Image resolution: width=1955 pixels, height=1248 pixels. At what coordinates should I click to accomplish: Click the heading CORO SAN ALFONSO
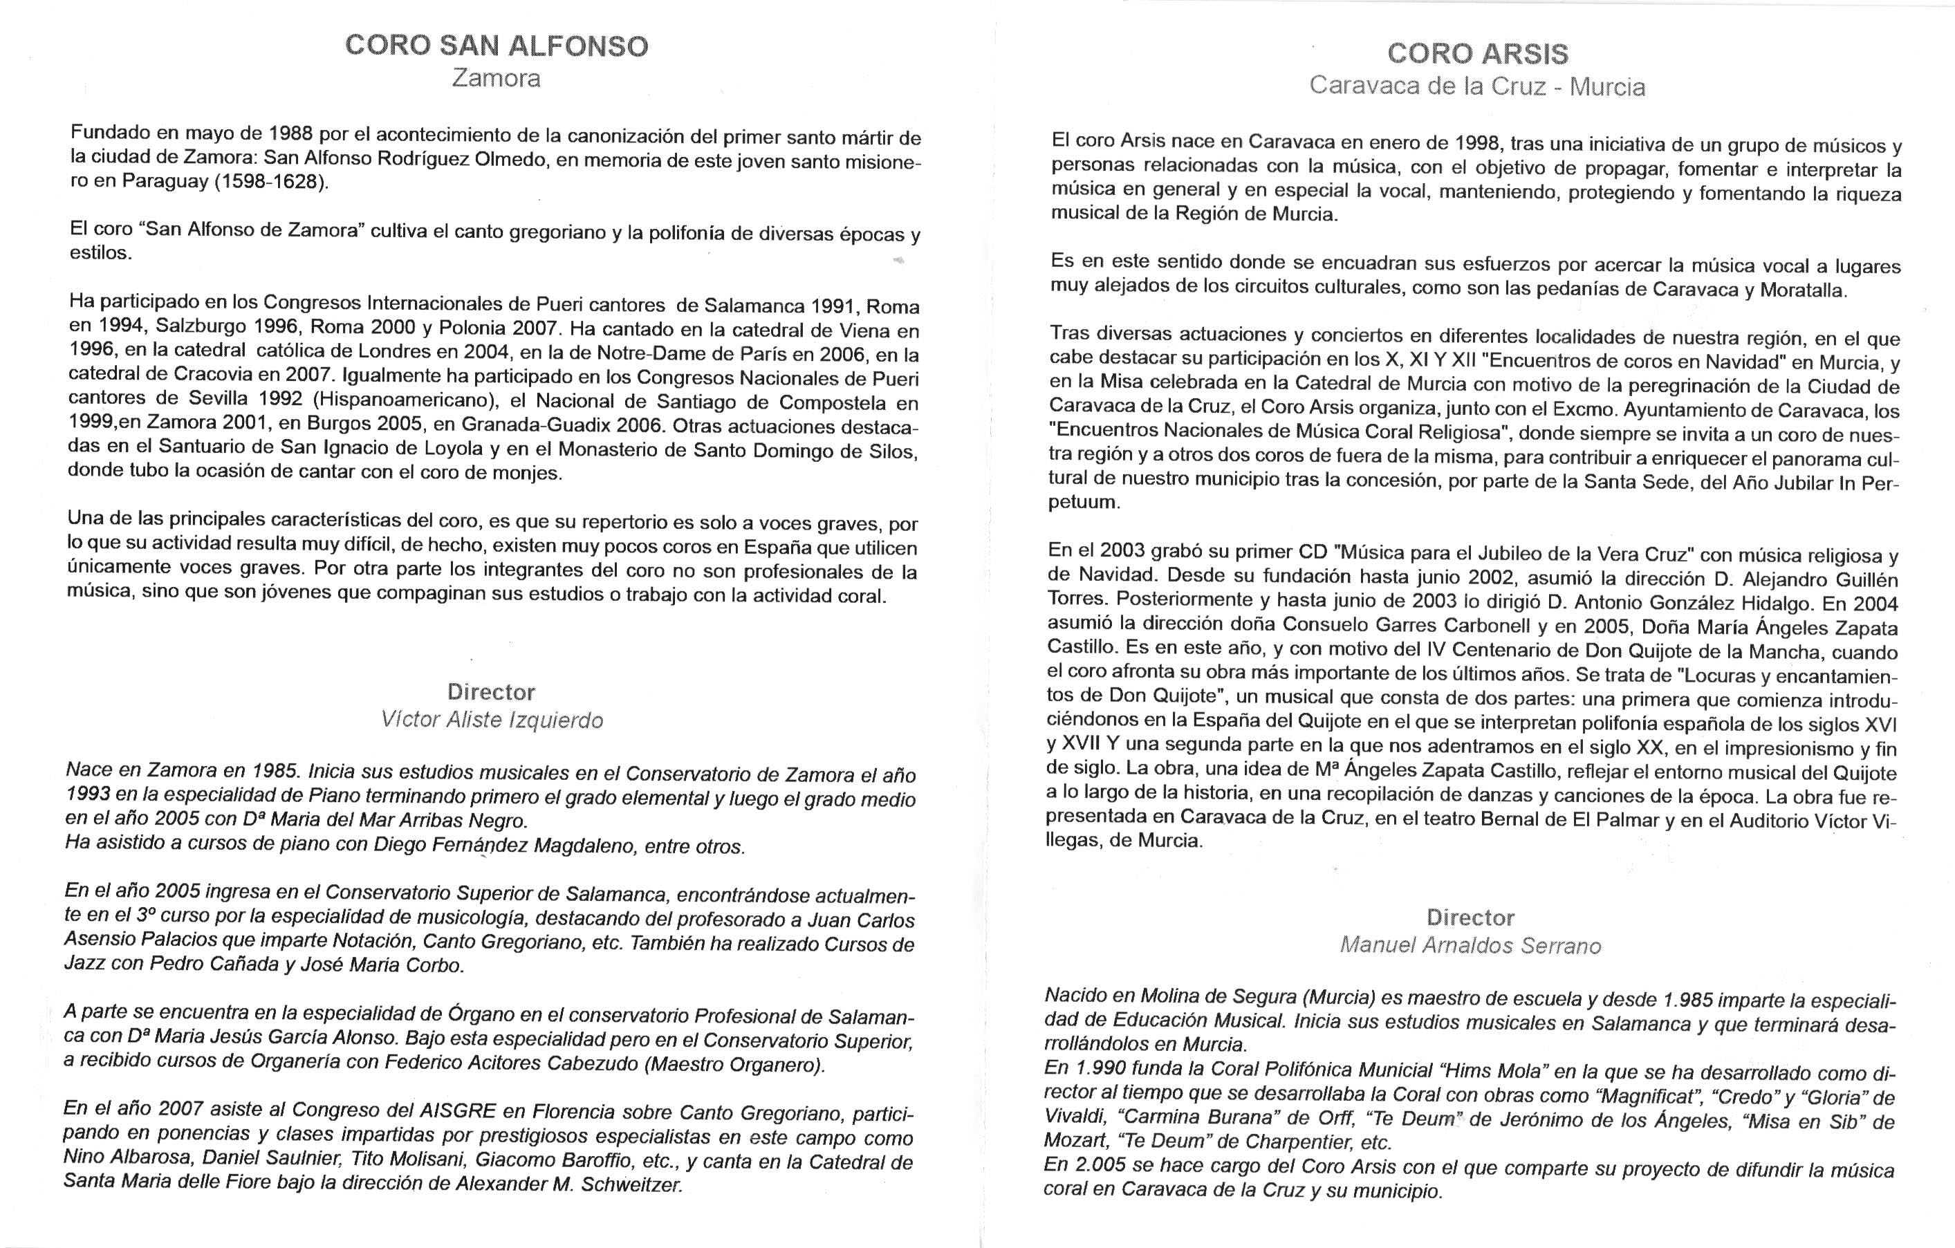[496, 46]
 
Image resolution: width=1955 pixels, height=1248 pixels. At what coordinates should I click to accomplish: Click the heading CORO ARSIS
[1477, 54]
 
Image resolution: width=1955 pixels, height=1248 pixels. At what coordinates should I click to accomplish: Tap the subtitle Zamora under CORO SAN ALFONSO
[496, 79]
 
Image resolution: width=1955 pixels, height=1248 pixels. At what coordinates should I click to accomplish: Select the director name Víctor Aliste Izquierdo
[492, 720]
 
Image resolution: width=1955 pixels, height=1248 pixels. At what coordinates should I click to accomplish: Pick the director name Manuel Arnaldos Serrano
[1470, 946]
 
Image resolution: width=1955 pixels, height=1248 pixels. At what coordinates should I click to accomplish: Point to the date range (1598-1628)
[271, 181]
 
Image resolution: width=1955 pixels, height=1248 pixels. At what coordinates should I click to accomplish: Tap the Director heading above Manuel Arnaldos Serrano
[1470, 918]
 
